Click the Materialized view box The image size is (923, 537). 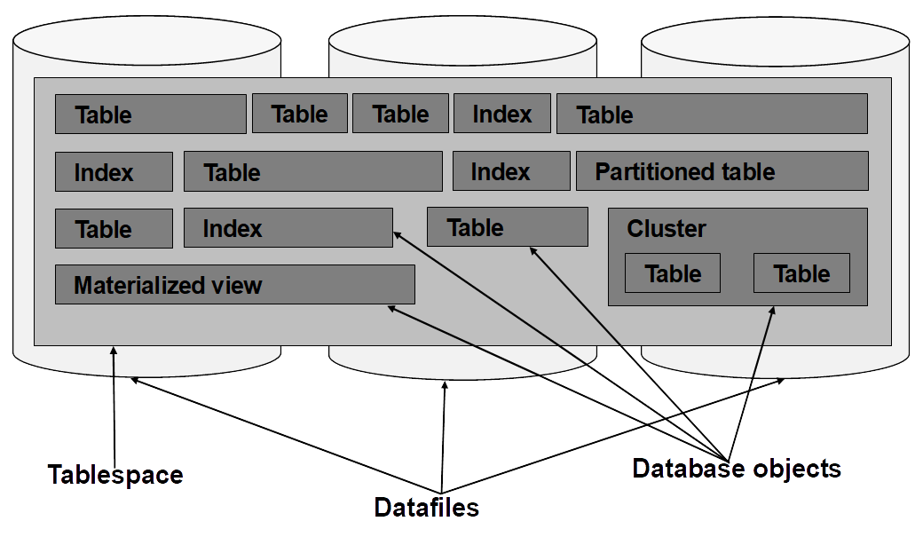[235, 284]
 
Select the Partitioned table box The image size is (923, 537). [722, 170]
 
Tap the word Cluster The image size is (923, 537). [667, 228]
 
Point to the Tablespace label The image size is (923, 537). [115, 475]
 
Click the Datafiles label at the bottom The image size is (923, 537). [427, 507]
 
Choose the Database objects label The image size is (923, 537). [737, 469]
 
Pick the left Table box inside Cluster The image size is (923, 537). [673, 273]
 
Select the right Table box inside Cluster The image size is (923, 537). [801, 273]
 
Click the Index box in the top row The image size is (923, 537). [502, 113]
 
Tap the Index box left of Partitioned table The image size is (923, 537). [511, 170]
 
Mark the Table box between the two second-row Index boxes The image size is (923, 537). [313, 171]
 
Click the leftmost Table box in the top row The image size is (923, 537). [151, 114]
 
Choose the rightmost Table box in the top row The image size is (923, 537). [713, 114]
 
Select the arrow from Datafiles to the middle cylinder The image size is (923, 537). [443, 437]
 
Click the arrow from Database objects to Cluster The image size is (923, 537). [751, 383]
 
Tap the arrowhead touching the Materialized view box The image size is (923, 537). [391, 309]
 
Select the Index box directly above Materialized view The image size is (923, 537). [288, 228]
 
